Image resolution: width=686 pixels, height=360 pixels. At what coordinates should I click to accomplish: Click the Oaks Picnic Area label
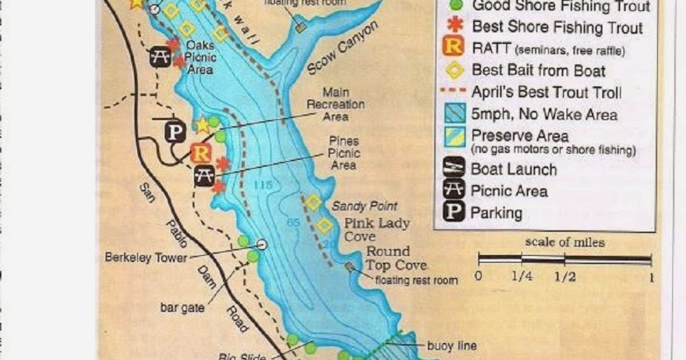pos(200,58)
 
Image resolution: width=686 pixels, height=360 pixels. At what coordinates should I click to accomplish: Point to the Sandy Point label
pos(364,206)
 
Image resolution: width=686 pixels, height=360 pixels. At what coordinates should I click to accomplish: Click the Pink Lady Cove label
pos(377,230)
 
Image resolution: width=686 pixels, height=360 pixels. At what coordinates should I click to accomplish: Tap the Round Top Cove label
pos(396,258)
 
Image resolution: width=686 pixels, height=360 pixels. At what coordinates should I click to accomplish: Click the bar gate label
pos(182,308)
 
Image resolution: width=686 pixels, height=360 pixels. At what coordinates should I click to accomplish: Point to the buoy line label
pos(451,346)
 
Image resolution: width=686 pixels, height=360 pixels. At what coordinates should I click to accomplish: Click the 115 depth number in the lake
pos(263,185)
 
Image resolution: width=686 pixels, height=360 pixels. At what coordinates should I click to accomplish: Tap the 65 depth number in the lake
pos(293,221)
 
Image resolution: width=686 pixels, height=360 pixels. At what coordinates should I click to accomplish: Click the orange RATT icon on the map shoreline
pos(201,152)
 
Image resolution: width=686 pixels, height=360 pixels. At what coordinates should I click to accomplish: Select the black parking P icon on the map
pos(176,132)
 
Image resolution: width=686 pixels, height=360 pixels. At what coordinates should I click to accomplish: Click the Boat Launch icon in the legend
pos(453,168)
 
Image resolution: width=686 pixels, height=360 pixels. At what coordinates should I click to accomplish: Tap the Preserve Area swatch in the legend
pos(453,136)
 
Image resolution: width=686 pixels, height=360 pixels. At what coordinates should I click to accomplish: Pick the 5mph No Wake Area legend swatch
pos(453,114)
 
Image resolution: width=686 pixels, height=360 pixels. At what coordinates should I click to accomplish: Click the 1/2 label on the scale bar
pos(565,277)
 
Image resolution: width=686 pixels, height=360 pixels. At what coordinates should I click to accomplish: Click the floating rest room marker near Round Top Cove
pos(351,266)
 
